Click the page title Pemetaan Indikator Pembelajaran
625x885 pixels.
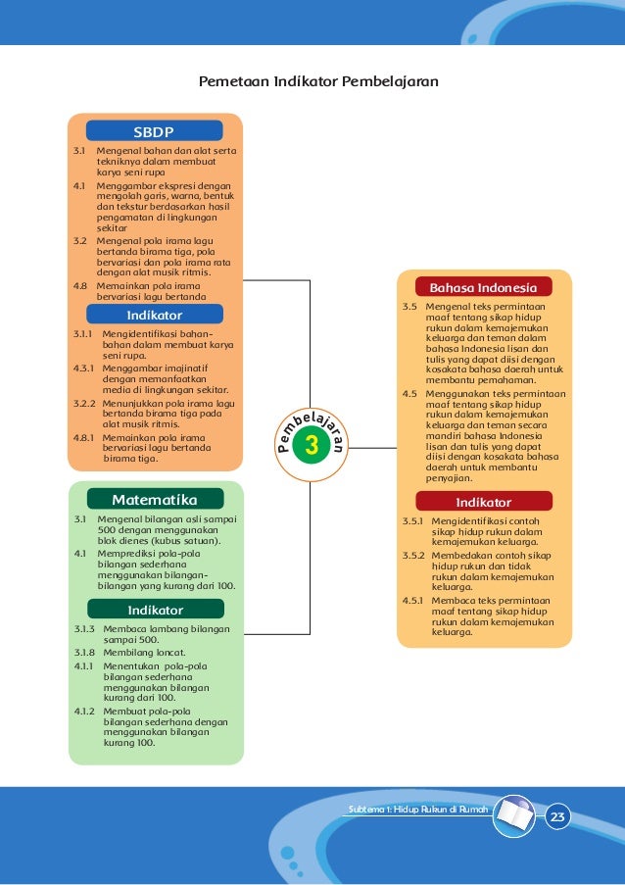318,79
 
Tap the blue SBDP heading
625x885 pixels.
154,130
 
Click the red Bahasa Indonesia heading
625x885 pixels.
483,287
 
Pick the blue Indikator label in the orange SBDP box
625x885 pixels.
155,315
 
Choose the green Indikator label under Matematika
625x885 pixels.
155,610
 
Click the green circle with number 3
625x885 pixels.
312,446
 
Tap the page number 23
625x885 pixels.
558,817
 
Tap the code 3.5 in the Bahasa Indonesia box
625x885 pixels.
409,307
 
